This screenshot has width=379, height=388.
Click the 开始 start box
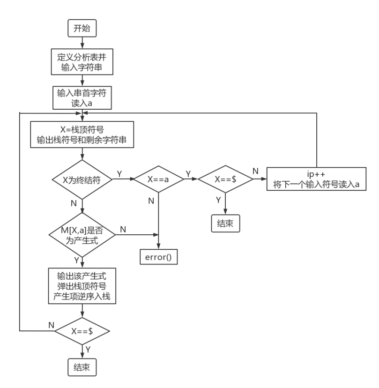click(x=82, y=29)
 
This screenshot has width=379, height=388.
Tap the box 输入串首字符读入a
click(x=82, y=97)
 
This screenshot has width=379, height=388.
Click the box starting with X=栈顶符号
click(x=82, y=134)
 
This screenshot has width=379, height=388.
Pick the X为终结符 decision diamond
click(x=82, y=179)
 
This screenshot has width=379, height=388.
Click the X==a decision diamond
click(x=158, y=179)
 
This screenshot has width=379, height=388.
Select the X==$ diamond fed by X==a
click(x=225, y=179)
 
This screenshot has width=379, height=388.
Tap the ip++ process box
click(x=316, y=179)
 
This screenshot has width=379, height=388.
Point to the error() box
click(x=159, y=257)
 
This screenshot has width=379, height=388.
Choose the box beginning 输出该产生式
click(x=82, y=286)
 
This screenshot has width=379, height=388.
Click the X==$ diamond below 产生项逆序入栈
click(x=82, y=331)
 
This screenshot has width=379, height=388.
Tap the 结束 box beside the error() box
click(x=225, y=224)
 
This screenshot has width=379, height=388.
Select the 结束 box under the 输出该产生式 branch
click(x=82, y=367)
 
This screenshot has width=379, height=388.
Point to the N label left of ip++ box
click(x=255, y=171)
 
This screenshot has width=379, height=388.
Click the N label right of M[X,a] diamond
click(x=123, y=229)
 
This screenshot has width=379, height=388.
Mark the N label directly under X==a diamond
click(x=151, y=201)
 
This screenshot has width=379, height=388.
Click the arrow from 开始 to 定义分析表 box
click(x=82, y=43)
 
